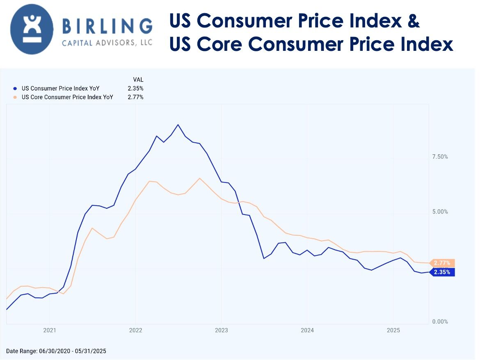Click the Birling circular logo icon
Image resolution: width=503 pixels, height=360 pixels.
click(x=32, y=29)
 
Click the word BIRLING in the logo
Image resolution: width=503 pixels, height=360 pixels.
click(x=107, y=27)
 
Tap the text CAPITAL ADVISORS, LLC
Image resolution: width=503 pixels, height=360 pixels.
click(x=107, y=43)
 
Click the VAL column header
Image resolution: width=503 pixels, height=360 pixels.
click(x=138, y=80)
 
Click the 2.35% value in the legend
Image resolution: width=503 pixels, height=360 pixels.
click(x=135, y=89)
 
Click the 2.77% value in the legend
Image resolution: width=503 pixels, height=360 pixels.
click(x=135, y=97)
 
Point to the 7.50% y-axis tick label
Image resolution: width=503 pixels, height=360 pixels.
click(x=440, y=157)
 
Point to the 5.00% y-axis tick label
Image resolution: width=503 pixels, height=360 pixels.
click(x=440, y=212)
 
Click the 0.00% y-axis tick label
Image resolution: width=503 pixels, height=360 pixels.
click(x=440, y=322)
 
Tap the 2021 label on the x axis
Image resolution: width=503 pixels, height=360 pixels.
click(x=49, y=330)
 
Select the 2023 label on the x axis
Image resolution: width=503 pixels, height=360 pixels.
click(x=221, y=330)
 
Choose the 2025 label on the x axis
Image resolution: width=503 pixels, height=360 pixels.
click(x=393, y=330)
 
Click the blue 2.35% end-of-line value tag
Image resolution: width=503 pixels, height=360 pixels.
click(x=442, y=272)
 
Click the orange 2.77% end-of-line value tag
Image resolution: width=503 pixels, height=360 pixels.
click(x=442, y=263)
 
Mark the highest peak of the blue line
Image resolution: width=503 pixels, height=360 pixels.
click(x=178, y=125)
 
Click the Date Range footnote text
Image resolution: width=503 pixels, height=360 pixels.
click(x=56, y=351)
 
